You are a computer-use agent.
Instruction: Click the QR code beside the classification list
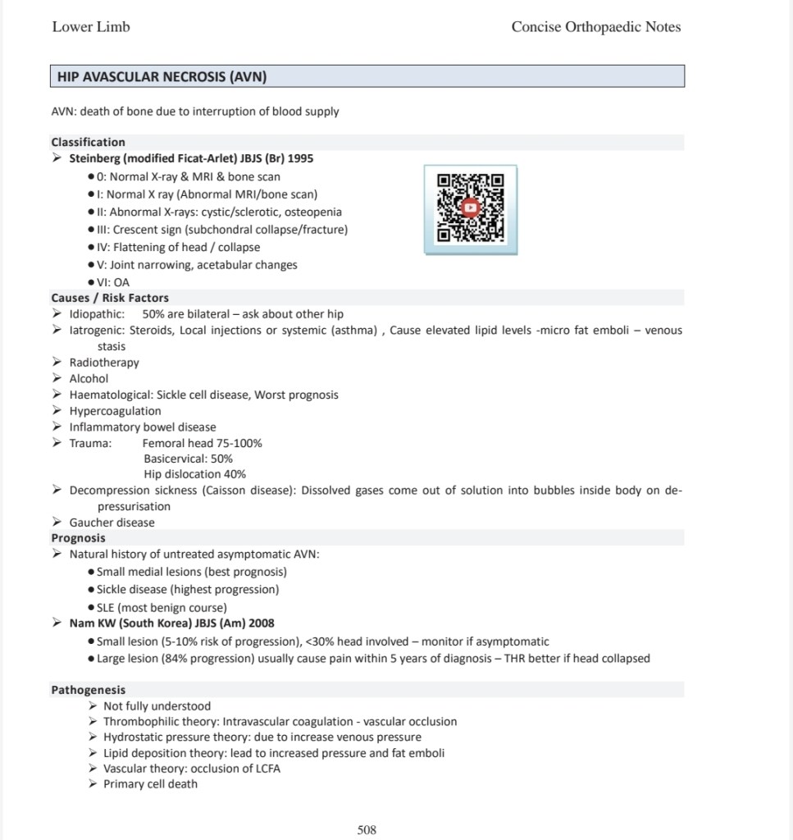[470, 208]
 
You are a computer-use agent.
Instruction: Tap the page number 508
[367, 830]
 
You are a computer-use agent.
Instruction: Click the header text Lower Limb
[91, 27]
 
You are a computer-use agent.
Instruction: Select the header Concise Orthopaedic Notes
[595, 27]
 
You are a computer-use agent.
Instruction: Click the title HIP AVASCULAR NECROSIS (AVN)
[162, 77]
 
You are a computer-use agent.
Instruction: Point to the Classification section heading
[88, 142]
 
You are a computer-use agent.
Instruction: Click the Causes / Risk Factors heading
[110, 298]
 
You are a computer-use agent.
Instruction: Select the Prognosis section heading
[78, 538]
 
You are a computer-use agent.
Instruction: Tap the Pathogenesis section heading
[89, 690]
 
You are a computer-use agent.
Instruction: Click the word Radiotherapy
[104, 363]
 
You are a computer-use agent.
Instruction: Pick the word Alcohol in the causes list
[89, 378]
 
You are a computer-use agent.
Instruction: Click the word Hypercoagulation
[115, 411]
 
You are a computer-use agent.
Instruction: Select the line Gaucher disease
[112, 523]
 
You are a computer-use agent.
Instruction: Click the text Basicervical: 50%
[188, 459]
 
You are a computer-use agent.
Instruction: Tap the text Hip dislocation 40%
[194, 474]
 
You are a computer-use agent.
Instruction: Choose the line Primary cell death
[150, 784]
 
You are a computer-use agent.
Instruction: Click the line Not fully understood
[157, 706]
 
